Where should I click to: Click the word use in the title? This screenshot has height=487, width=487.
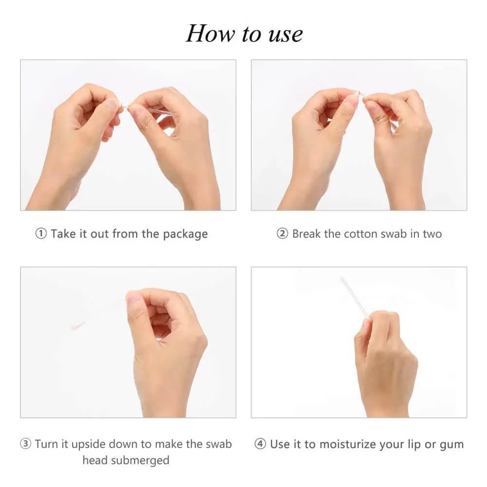tap(285, 35)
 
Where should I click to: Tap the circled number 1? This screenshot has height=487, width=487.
tap(41, 233)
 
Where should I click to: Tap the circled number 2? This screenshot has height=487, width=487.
tap(282, 233)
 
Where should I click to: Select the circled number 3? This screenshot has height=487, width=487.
tap(25, 444)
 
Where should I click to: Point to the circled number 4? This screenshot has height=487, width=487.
tap(260, 444)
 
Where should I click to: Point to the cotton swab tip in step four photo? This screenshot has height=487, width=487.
tap(344, 281)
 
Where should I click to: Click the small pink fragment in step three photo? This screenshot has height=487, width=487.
tap(77, 326)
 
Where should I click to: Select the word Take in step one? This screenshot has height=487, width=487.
tap(63, 234)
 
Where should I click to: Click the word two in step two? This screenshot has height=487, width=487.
tap(432, 234)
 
